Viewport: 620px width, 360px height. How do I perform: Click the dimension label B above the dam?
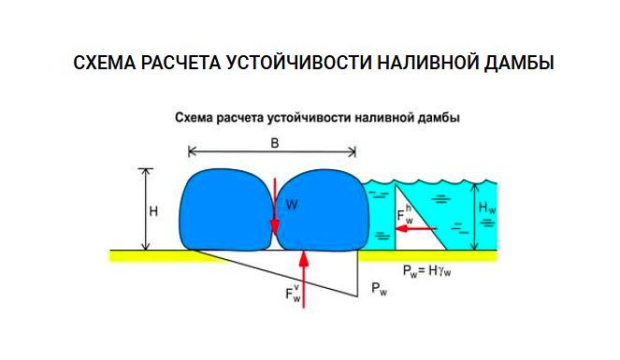(274, 143)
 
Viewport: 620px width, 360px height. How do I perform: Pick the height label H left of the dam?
(152, 211)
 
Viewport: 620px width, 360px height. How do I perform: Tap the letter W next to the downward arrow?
(291, 204)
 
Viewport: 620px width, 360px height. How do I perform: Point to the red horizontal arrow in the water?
(403, 229)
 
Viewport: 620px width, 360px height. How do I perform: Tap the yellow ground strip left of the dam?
(145, 253)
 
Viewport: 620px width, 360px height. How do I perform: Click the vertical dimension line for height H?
(143, 209)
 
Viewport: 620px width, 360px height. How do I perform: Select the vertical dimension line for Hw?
(474, 211)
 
